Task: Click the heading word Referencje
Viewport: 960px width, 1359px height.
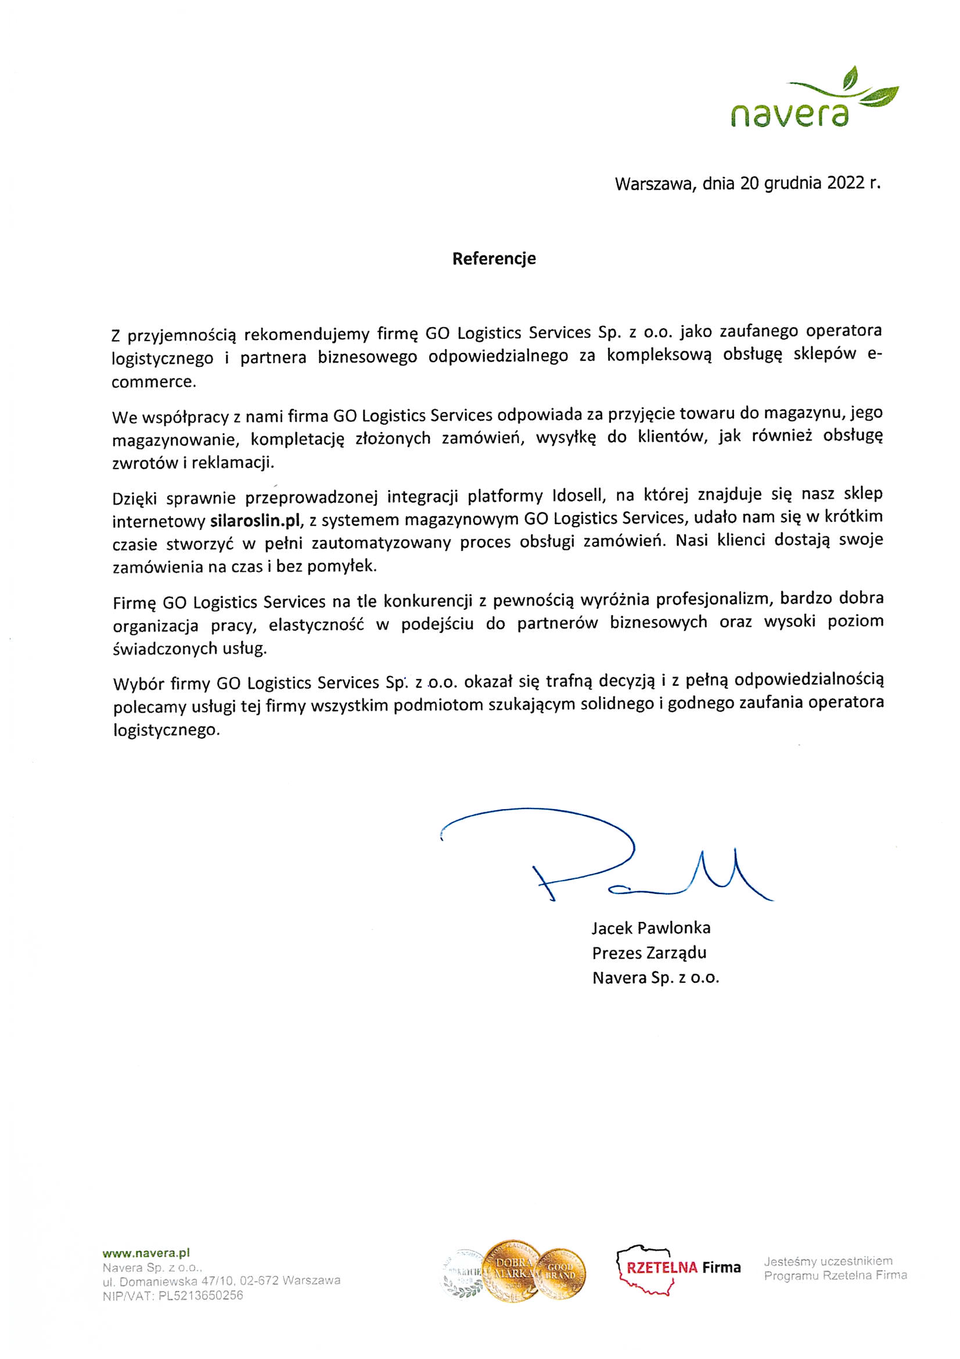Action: coord(494,259)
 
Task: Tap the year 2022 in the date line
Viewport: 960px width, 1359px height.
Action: coord(846,184)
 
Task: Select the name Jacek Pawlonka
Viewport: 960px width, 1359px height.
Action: coord(650,928)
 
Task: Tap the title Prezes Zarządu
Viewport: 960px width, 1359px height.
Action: coord(649,952)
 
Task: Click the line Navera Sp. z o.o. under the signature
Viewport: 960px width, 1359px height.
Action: coord(655,977)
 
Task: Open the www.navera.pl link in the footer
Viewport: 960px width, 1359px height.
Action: coord(146,1253)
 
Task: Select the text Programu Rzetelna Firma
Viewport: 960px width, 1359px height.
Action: coord(835,1275)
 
